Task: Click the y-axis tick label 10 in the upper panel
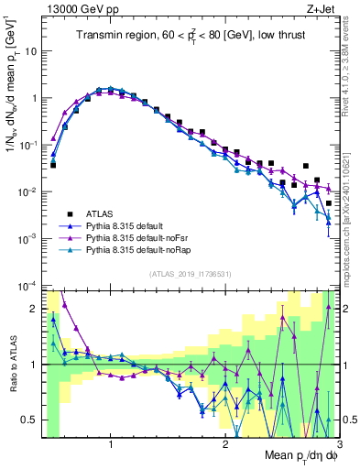point(33,51)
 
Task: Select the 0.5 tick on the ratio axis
point(32,420)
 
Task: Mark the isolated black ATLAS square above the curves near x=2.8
point(306,167)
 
